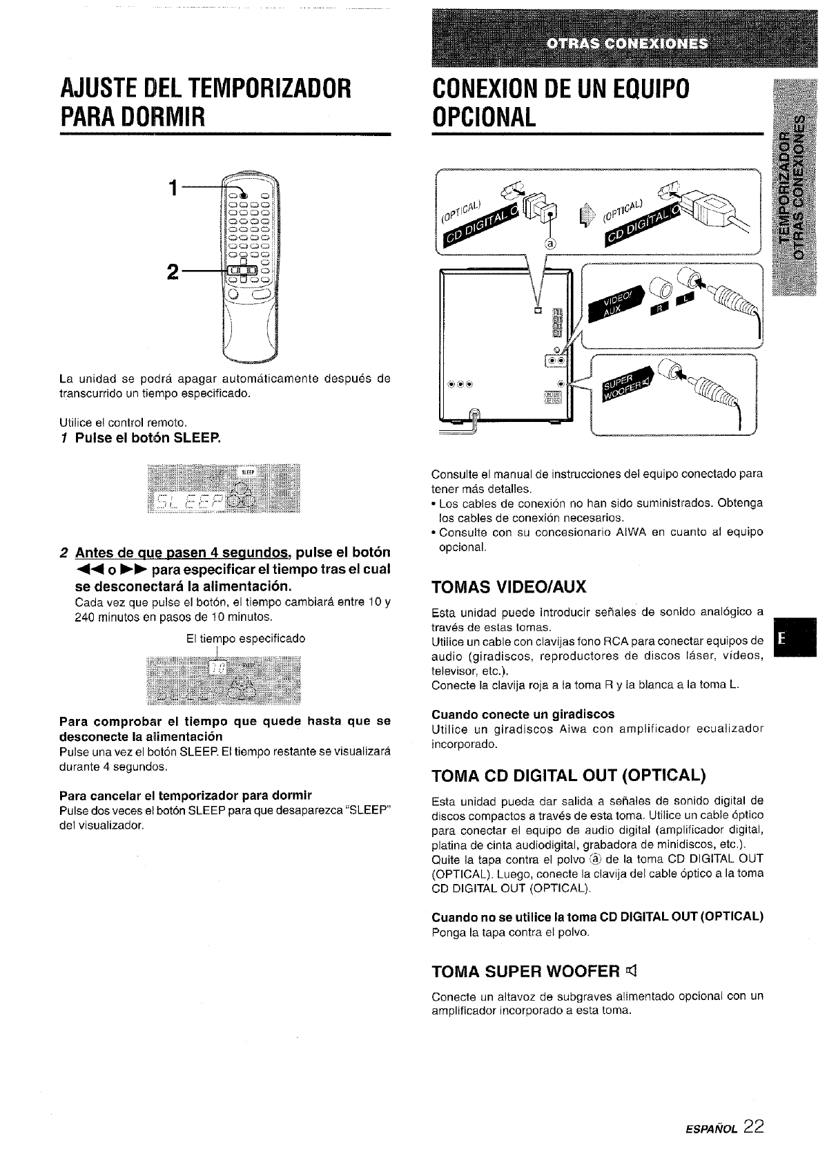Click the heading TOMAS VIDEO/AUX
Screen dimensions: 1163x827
point(508,588)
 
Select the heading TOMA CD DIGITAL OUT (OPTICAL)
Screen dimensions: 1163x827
point(568,776)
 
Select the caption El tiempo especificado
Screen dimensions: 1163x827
point(246,639)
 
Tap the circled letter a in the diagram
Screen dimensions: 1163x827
point(549,242)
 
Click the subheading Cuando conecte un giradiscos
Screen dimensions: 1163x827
point(523,713)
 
